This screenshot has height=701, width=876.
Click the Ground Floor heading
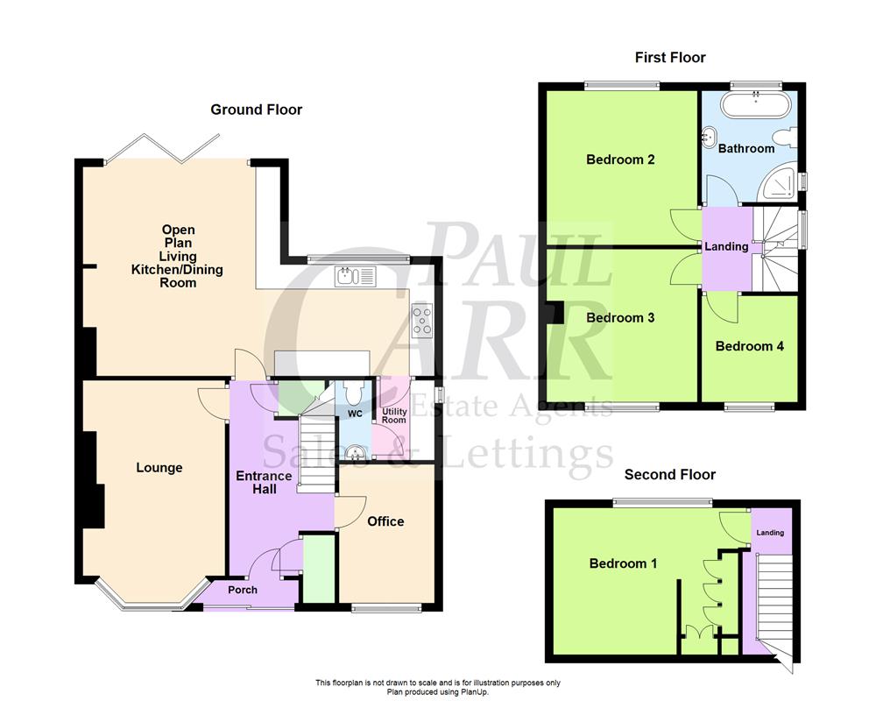point(256,110)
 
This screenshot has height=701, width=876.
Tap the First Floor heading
point(670,58)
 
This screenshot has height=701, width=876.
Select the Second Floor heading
point(670,475)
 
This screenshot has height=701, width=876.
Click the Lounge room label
point(159,468)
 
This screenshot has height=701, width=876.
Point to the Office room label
point(385,521)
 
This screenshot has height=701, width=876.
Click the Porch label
point(243,590)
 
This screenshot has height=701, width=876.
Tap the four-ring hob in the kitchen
point(422,320)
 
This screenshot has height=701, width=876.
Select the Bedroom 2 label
point(621,159)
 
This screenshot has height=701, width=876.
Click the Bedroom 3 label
point(621,317)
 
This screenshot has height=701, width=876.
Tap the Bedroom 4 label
point(750,346)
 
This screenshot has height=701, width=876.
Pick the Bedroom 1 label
point(623,563)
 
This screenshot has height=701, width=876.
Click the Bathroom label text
point(746,148)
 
